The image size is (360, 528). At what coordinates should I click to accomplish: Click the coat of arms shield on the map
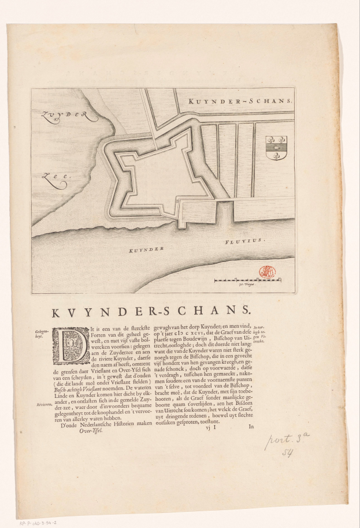pos(276,148)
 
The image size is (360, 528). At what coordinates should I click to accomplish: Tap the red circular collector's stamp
pos(267,272)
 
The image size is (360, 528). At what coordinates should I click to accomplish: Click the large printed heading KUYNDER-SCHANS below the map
pos(151,312)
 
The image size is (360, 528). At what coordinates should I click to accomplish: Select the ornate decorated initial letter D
pos(71,346)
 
